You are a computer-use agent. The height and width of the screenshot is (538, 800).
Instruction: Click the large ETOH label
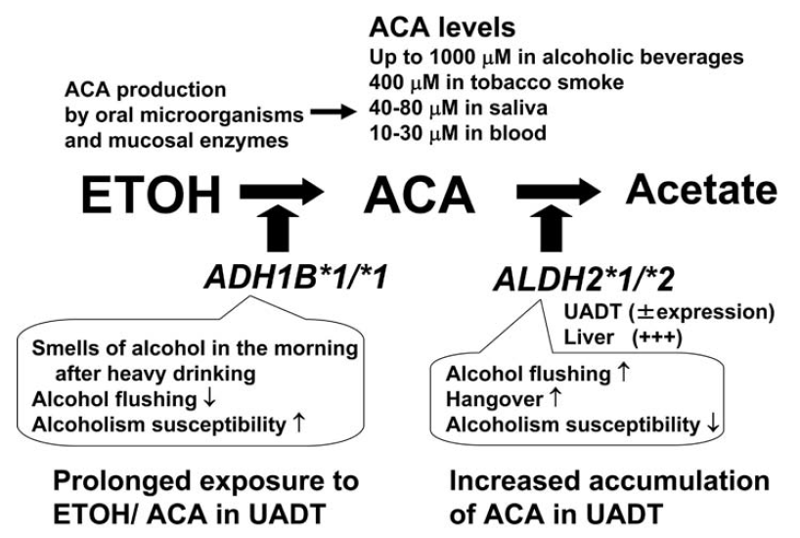pos(151,195)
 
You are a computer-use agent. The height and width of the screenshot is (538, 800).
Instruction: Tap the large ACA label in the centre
pos(420,195)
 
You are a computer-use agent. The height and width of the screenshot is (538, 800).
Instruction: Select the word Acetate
pos(701,190)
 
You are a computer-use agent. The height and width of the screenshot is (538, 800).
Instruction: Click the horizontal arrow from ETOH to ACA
pos(282,192)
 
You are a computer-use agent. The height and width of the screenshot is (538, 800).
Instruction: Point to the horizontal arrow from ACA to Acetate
pos(558,192)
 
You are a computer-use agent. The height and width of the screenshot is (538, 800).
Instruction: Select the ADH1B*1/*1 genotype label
pos(296,278)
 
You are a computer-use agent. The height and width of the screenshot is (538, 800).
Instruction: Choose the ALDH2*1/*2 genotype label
pos(584,280)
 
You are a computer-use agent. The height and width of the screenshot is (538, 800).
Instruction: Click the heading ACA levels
pos(442,27)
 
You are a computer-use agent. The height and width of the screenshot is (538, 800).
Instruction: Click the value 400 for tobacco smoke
pos(386,82)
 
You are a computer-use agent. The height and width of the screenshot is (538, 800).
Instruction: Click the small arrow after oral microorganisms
pos(333,112)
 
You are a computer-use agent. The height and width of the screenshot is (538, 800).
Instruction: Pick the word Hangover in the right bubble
pos(494,399)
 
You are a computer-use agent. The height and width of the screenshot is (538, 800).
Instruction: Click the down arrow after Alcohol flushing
pos(209,398)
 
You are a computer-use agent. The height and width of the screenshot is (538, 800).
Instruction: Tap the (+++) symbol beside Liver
pos(656,337)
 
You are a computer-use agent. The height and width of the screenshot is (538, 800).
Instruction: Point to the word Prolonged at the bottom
pos(124,482)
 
